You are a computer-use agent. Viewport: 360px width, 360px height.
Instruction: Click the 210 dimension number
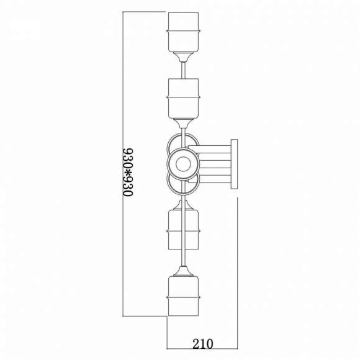coord(203,343)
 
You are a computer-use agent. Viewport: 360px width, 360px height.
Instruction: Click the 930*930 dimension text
coord(128,173)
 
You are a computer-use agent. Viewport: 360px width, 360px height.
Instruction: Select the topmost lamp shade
coord(183,32)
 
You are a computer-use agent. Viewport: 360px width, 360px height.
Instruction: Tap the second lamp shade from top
coord(183,99)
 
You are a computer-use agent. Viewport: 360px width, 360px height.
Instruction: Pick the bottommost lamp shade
coord(183,296)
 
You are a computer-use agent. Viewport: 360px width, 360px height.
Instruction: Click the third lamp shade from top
coord(183,230)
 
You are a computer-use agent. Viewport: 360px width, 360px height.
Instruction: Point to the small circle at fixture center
coord(183,164)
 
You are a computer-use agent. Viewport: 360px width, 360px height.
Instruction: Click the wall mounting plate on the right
coord(234,164)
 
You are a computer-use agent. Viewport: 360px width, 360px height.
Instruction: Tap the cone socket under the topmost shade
coord(183,57)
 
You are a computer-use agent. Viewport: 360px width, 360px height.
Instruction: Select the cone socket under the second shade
coord(183,124)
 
